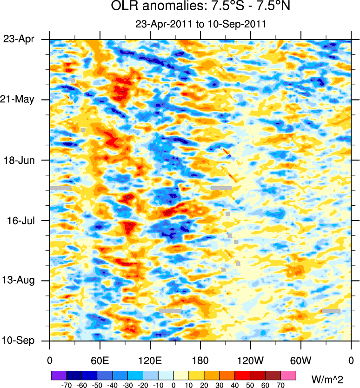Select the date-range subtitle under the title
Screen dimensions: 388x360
coord(200,24)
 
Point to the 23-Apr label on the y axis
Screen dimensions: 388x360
coord(19,39)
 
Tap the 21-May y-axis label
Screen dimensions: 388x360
coord(19,100)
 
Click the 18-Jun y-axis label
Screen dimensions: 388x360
coord(19,160)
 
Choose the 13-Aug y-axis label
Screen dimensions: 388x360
coord(19,281)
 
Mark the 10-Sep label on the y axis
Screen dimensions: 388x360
coord(19,341)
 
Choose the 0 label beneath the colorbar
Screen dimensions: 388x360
coord(173,385)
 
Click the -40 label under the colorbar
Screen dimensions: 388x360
coord(112,385)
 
